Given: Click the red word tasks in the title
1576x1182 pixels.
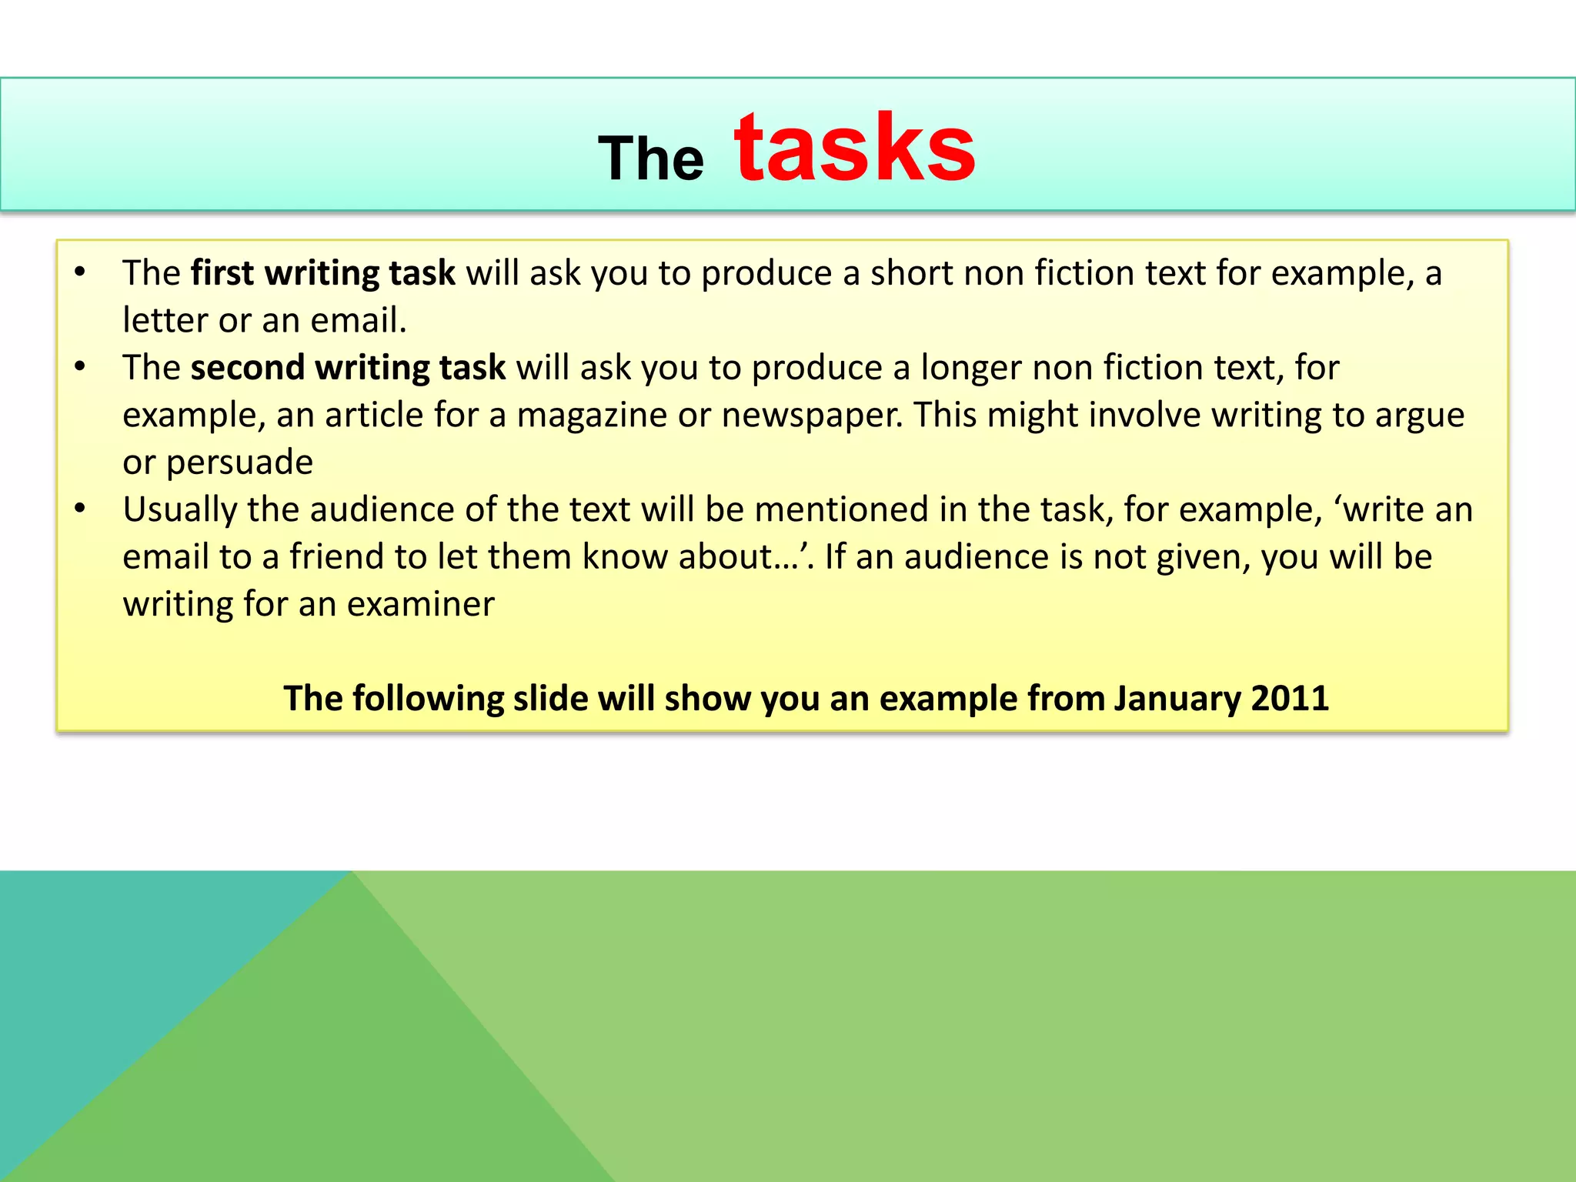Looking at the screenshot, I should (854, 149).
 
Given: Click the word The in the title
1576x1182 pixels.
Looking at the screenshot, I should (651, 159).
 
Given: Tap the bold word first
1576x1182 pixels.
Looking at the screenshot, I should (222, 273).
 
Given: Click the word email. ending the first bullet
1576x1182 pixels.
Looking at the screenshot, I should (358, 320).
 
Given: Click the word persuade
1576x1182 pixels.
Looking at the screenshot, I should (239, 462).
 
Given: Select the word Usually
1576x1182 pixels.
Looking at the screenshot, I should (179, 510).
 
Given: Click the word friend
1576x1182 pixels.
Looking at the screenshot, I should (336, 557).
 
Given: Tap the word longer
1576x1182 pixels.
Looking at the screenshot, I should (971, 368).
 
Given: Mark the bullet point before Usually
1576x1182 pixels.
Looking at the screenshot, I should (80, 509).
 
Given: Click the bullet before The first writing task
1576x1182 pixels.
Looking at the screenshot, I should (80, 272).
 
